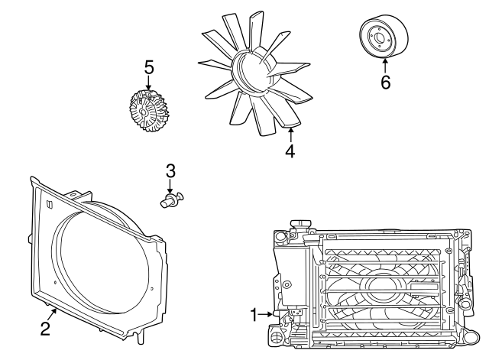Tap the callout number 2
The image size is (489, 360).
coord(46,329)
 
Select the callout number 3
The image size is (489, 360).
coord(170,170)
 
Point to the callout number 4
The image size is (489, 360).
coord(290,151)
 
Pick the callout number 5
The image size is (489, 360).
coord(149,68)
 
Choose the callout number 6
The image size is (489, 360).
coord(385,83)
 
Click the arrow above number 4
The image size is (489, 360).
coord(290,134)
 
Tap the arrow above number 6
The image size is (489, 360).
coord(385,66)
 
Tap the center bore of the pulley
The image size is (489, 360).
coord(378,34)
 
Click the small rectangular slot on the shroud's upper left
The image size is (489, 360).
coord(48,204)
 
